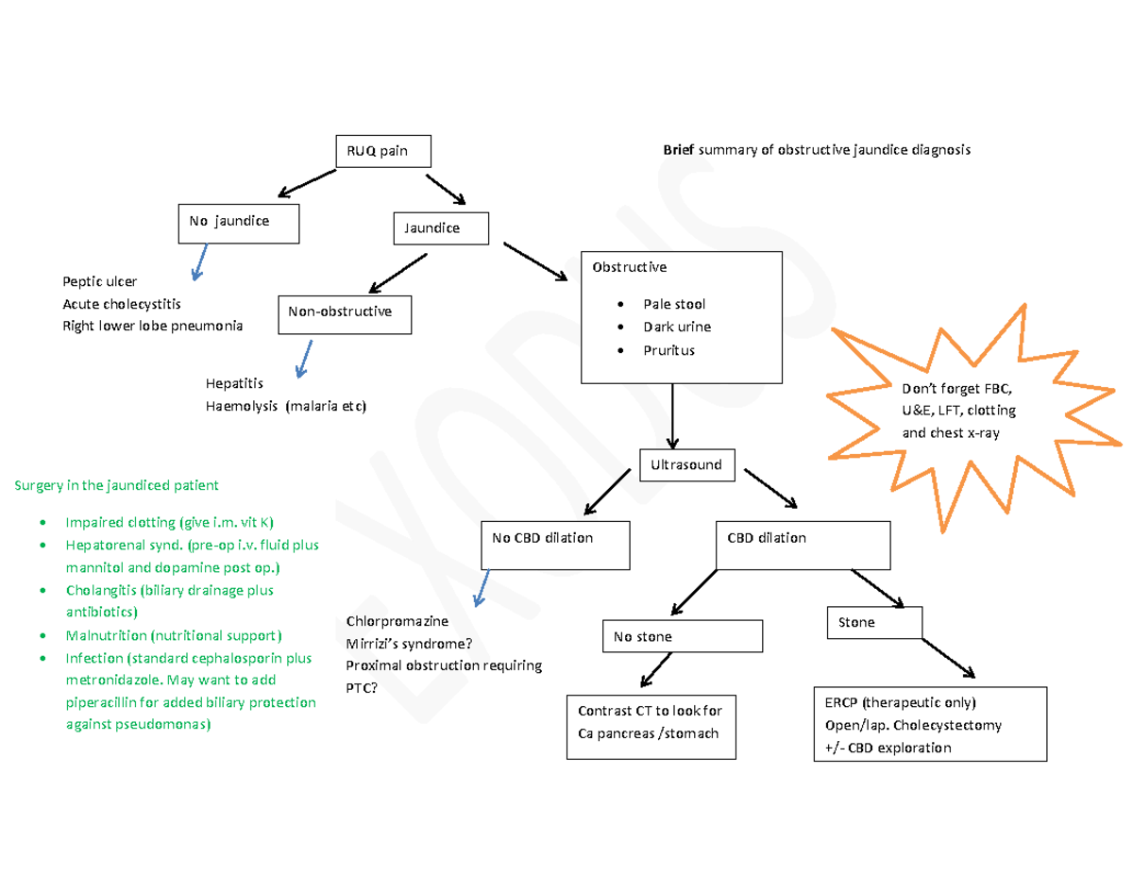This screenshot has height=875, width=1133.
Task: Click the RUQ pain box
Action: pyautogui.click(x=383, y=151)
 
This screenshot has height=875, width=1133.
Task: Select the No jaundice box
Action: pyautogui.click(x=239, y=222)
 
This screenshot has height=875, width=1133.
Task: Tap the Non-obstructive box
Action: pyautogui.click(x=345, y=313)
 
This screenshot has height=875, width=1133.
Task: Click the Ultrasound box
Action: pyautogui.click(x=686, y=464)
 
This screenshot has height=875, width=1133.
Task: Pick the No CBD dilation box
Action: pyautogui.click(x=555, y=545)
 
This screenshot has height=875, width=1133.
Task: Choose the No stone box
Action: pyautogui.click(x=682, y=636)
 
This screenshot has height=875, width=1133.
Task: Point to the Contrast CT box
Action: pyautogui.click(x=651, y=721)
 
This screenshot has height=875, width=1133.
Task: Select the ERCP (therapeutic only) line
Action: pyautogui.click(x=900, y=703)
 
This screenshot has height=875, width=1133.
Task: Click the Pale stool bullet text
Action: pyautogui.click(x=674, y=304)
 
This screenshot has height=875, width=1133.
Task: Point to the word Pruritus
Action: pyautogui.click(x=668, y=350)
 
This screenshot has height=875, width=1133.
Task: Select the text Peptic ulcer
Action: pyautogui.click(x=99, y=281)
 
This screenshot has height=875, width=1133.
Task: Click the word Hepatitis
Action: pyautogui.click(x=234, y=384)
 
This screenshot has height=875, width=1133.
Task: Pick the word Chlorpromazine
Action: pyautogui.click(x=397, y=621)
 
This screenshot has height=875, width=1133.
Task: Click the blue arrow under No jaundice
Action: pyautogui.click(x=199, y=261)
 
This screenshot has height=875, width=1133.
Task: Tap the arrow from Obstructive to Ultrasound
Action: pyautogui.click(x=672, y=416)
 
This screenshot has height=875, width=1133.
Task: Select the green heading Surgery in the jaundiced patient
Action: pyautogui.click(x=115, y=486)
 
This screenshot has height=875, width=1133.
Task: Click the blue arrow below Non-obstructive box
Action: pyautogui.click(x=303, y=358)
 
